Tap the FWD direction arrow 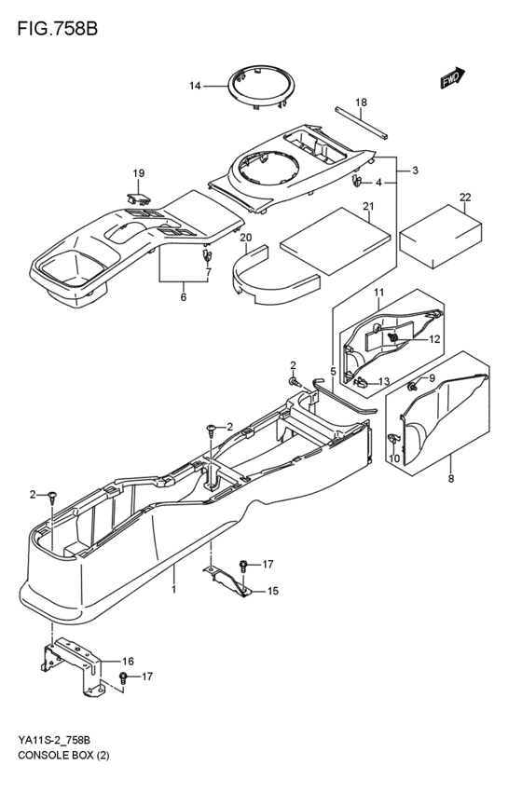[452, 80]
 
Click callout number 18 [361, 102]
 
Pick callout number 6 [183, 297]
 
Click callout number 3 [415, 170]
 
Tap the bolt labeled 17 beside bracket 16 [123, 676]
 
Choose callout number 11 [378, 294]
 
